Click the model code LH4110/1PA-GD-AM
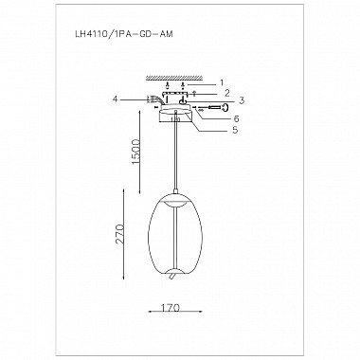pos(122,34)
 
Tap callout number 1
pos(222,83)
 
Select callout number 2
pos(226,93)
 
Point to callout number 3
pos(241,100)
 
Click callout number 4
pos(115,99)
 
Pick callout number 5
pos(235,130)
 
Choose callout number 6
pos(236,118)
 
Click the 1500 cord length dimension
pos(135,151)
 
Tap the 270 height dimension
pos(119,234)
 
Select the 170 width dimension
pos(170,307)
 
